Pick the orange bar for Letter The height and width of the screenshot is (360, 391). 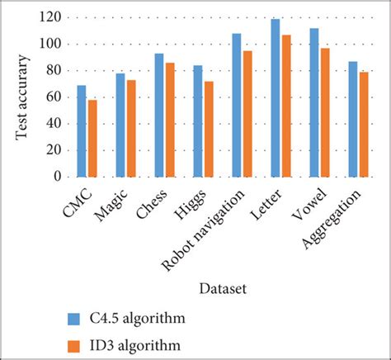pos(285,106)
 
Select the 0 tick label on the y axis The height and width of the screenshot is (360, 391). pos(57,177)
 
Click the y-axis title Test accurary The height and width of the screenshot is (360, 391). pos(26,97)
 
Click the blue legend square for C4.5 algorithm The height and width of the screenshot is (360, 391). pos(74,319)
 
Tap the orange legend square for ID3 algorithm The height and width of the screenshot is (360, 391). pos(74,343)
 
